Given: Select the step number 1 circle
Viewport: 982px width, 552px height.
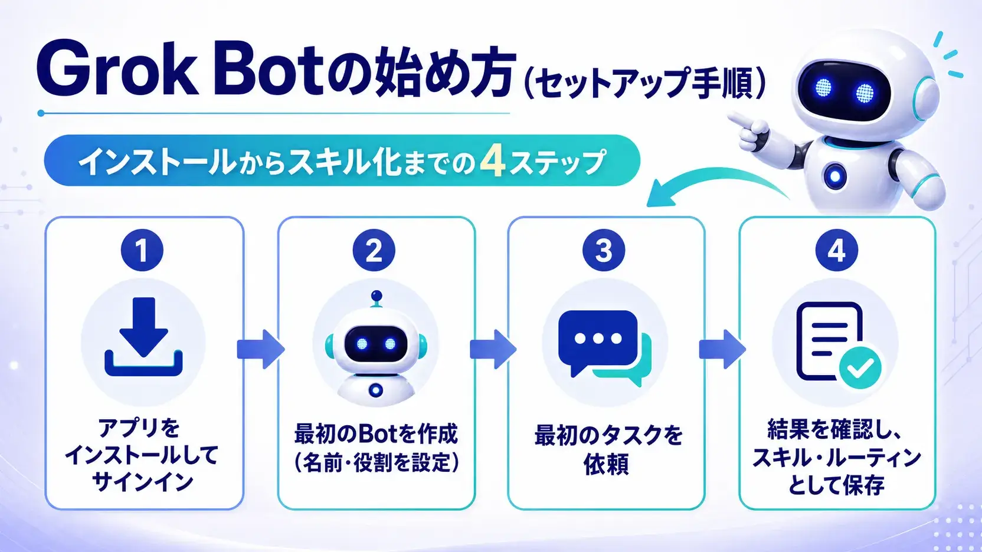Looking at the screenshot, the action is (x=142, y=250).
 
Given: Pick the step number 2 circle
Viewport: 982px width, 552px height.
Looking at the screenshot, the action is (x=374, y=250).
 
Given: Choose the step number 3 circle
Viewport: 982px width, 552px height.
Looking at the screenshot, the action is (x=604, y=250).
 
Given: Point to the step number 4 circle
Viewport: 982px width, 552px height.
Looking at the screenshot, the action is (x=836, y=250).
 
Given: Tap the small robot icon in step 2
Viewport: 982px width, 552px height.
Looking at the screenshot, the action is (x=375, y=346).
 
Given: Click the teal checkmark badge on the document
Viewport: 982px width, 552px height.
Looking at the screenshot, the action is (x=860, y=368).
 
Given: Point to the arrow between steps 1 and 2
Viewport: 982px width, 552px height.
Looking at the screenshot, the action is (x=261, y=349).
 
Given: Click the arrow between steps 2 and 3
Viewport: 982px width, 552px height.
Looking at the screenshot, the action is (x=493, y=349).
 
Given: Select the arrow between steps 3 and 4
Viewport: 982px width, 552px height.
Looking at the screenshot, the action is (x=722, y=349).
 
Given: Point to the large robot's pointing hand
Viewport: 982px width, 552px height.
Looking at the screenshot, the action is (x=749, y=127).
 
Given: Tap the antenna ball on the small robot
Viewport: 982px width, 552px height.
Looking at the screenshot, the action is (x=376, y=295).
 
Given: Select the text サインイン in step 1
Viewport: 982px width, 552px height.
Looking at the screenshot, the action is (x=142, y=482).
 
